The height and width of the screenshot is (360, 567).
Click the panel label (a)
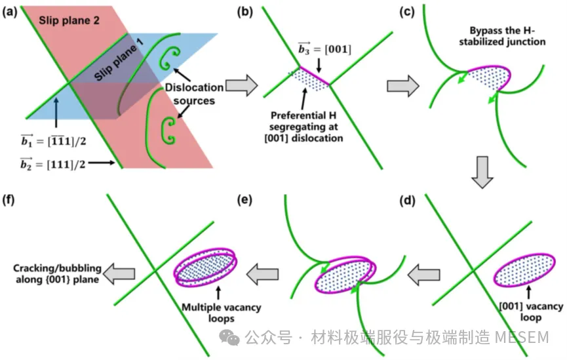click(x=11, y=12)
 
